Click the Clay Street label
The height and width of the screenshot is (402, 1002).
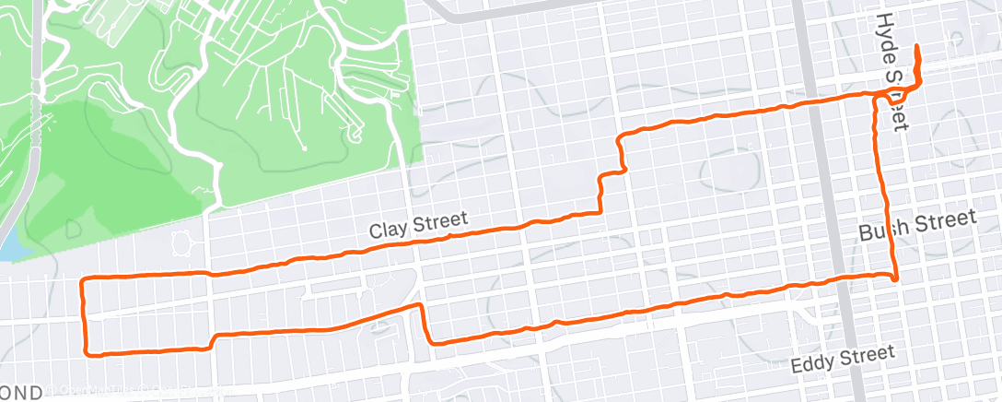pyautogui.click(x=418, y=225)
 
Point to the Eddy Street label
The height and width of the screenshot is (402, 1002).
pyautogui.click(x=843, y=359)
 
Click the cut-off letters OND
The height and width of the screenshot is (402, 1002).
pyautogui.click(x=20, y=393)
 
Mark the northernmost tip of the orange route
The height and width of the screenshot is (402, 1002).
pyautogui.click(x=917, y=46)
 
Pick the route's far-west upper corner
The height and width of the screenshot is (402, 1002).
pyautogui.click(x=84, y=278)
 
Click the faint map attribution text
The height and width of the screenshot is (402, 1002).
pyautogui.click(x=138, y=391)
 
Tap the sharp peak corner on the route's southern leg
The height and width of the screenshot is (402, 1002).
pyautogui.click(x=421, y=304)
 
